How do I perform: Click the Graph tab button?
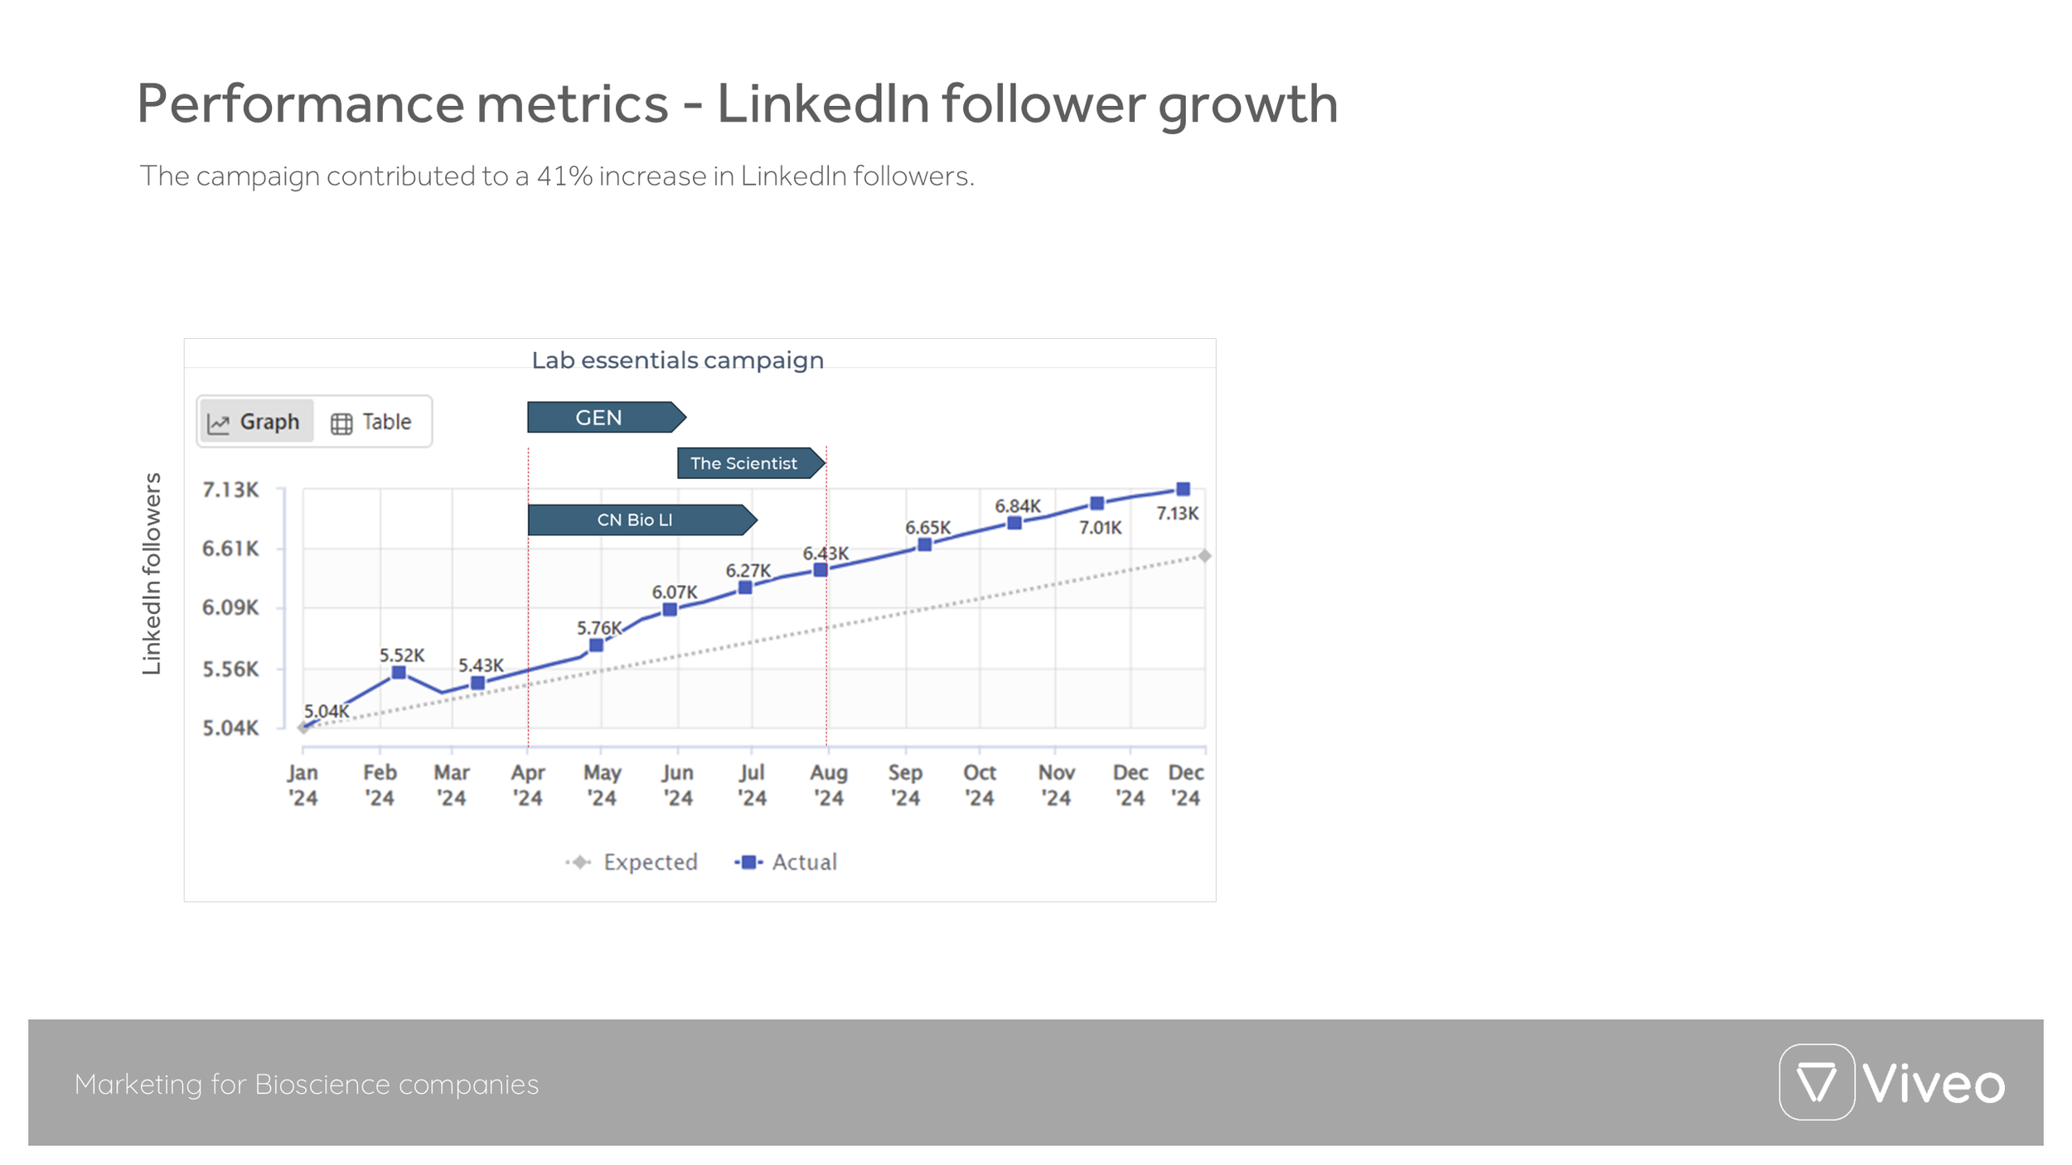click(x=255, y=422)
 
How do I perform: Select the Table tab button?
click(x=371, y=422)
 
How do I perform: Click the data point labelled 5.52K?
click(x=399, y=673)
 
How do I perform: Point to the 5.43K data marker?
click(x=477, y=683)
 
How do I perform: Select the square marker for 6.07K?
click(x=670, y=610)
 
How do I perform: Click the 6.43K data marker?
click(x=820, y=570)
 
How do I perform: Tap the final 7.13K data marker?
click(x=1183, y=490)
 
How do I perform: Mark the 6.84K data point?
click(x=1014, y=523)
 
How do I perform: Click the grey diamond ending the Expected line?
click(x=1204, y=556)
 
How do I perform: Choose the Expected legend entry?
click(x=632, y=863)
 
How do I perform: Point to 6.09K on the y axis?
click(x=230, y=608)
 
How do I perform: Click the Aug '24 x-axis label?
click(x=828, y=785)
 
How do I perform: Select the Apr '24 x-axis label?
click(x=527, y=785)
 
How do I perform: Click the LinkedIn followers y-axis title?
click(x=152, y=573)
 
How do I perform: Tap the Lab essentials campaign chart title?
click(x=677, y=360)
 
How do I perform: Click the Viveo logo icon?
click(x=1816, y=1082)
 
